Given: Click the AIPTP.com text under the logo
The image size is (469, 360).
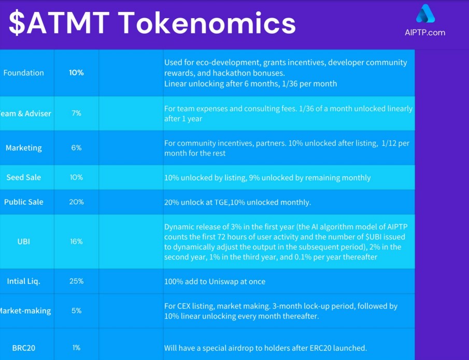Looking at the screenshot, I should pos(424,33).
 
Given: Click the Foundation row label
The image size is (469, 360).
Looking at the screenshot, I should pos(23,73).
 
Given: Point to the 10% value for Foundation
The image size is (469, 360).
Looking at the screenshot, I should pos(76,73).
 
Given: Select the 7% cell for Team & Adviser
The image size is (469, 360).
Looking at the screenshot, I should pos(76,113).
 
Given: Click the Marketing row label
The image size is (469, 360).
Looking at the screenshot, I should pos(23,148).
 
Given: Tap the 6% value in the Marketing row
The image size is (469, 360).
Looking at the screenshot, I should pos(76,148).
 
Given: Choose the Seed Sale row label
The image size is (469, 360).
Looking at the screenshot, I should pos(23,178).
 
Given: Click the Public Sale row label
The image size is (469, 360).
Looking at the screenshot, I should pos(23,202).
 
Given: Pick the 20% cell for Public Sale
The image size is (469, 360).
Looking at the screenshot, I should pos(76,202).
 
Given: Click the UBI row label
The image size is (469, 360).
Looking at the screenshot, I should pos(23,241).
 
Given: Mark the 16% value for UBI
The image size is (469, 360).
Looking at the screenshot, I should pos(76,241).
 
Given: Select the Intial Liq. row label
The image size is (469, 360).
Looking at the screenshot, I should pos(23,281).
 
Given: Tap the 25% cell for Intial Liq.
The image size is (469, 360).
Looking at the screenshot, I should pos(76,281).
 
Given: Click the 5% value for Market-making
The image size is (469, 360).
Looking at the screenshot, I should pos(76,311).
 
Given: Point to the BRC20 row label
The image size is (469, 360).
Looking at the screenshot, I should pos(23,348).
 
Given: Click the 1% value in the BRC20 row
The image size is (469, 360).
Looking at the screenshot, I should pos(76,348).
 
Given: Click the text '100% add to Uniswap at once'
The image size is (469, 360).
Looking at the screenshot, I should pos(215,282).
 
